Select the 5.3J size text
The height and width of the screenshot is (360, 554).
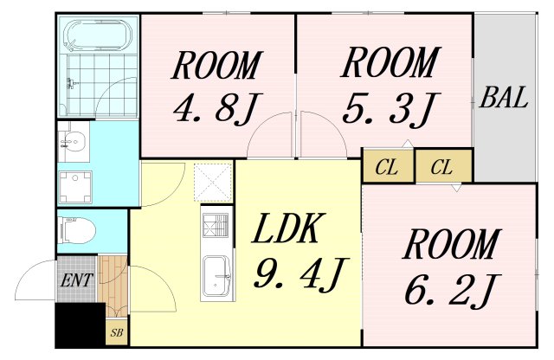point(386,109)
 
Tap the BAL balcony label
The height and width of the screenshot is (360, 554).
point(503,98)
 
